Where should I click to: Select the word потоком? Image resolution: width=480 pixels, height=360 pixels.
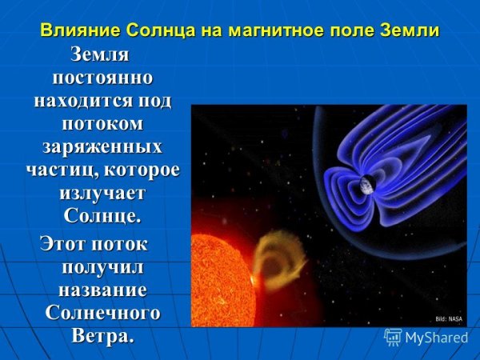pos(100,125)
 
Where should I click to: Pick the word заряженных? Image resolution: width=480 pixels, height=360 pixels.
pos(100,147)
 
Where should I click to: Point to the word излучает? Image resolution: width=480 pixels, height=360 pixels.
pos(100,193)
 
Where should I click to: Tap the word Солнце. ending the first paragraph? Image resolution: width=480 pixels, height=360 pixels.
pos(100,216)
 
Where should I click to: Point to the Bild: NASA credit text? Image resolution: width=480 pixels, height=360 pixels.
pos(450,318)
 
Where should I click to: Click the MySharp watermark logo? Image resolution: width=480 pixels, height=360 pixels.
pos(426,338)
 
